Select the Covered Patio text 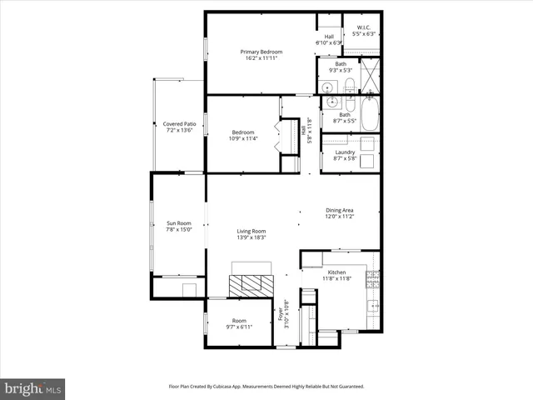click(179, 124)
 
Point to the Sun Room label click(179, 222)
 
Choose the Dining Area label click(340, 210)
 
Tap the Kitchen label click(336, 272)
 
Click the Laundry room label click(345, 152)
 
